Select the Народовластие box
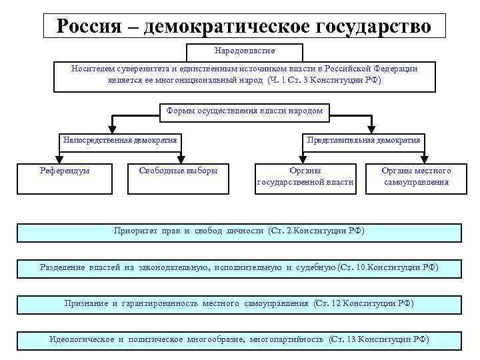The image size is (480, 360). (x=245, y=51)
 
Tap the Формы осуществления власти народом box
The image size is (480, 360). (x=245, y=111)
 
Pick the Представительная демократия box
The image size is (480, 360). (x=364, y=141)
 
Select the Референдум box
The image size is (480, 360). (x=65, y=171)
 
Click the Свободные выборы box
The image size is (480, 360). (x=178, y=171)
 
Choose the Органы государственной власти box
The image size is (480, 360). (x=305, y=177)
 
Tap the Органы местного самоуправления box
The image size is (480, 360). (x=417, y=177)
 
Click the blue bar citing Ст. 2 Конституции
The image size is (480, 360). (x=239, y=231)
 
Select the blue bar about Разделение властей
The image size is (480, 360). (x=239, y=267)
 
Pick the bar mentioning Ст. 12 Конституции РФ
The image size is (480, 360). (x=239, y=304)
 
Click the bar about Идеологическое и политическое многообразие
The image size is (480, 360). (x=239, y=339)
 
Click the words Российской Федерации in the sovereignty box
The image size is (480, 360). (x=379, y=69)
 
